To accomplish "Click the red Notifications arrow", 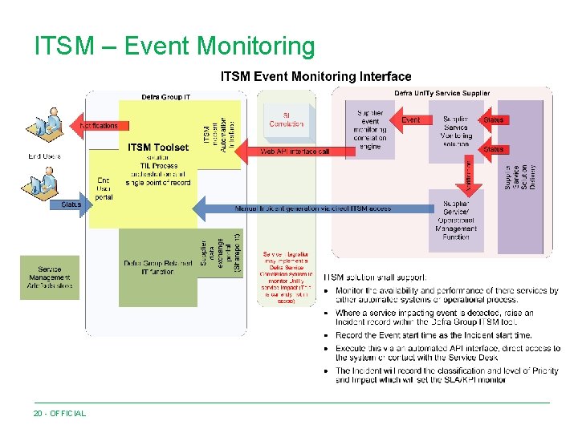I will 98,125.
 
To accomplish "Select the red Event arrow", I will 409,120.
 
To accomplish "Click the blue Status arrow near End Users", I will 72,204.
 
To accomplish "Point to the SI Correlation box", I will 287,119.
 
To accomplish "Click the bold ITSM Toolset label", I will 158,148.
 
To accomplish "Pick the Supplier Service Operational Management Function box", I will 455,221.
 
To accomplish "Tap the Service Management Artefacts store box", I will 50,277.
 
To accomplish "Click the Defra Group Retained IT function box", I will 156,268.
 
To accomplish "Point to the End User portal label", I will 104,188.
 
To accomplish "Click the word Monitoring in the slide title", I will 256,46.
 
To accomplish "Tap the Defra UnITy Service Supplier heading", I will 442,94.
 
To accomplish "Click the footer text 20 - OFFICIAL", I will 59,413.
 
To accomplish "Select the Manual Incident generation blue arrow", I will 313,208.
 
